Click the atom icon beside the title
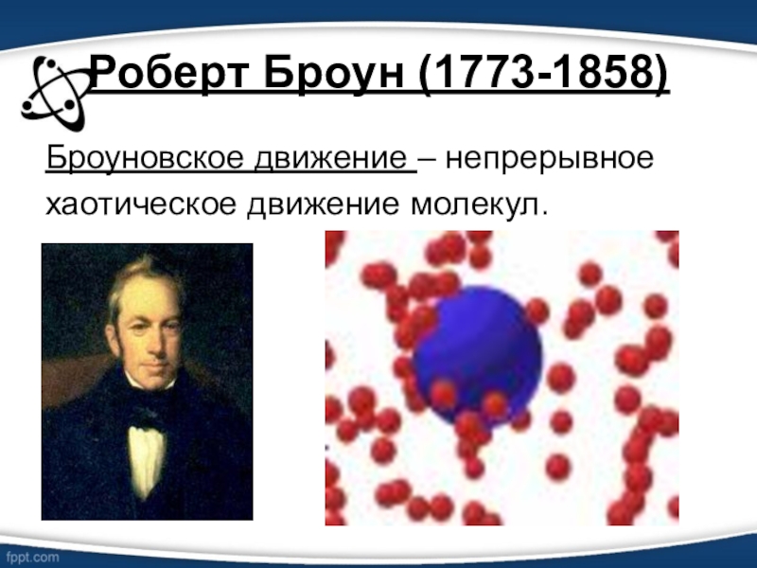(54, 93)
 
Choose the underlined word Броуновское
(145, 158)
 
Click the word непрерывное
(550, 159)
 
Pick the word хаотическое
(140, 204)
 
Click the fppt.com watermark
(32, 557)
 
